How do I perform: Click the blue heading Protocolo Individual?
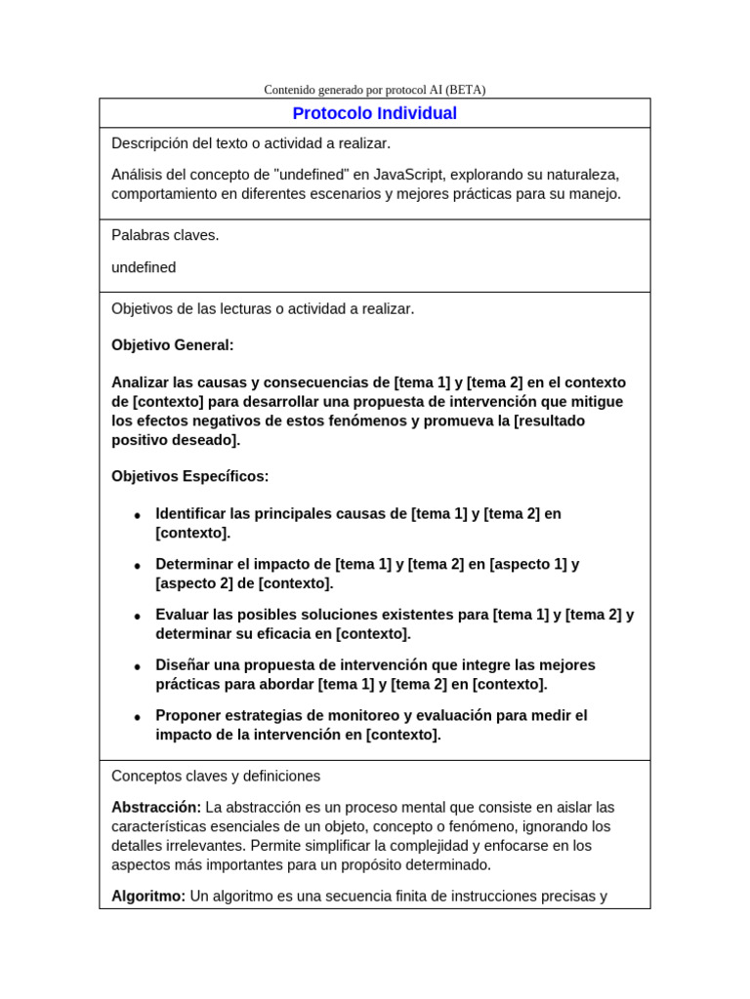(x=375, y=113)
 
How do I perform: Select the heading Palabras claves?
(x=165, y=235)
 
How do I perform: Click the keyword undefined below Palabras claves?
(x=144, y=267)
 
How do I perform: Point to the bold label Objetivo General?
(x=173, y=345)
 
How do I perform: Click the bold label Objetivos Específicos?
(x=189, y=476)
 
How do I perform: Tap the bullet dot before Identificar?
(x=138, y=515)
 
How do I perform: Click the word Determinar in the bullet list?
(x=193, y=564)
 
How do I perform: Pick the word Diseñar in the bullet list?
(x=184, y=665)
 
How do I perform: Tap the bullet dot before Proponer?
(x=138, y=717)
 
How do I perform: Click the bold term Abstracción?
(x=156, y=807)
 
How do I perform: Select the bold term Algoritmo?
(x=148, y=896)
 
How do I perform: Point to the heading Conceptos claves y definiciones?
(x=216, y=777)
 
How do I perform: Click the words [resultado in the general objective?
(x=549, y=420)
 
